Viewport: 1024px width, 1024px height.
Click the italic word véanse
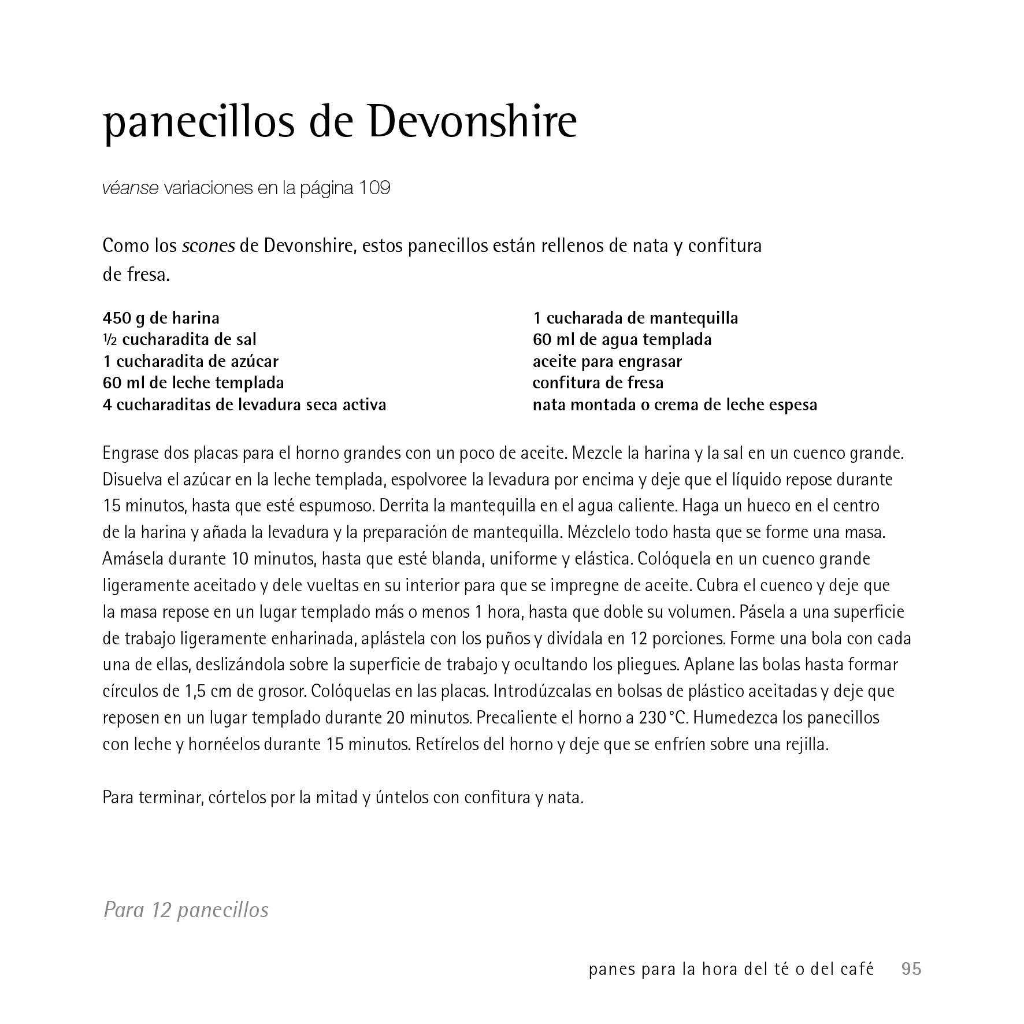coord(130,188)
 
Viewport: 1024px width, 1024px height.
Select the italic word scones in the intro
coord(208,246)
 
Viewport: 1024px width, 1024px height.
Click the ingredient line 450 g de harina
coord(161,318)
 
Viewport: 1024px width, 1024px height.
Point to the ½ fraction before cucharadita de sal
coord(110,340)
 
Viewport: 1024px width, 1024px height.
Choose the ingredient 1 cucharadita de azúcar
coord(190,361)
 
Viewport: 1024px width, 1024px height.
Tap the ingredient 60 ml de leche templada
coord(193,383)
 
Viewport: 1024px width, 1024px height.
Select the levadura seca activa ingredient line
coord(244,405)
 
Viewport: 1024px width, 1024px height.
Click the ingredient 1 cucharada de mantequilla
coord(635,318)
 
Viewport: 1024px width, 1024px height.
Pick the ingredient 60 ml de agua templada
coord(622,340)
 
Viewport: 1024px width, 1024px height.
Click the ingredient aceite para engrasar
coord(607,361)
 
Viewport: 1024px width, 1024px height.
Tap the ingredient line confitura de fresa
coord(598,383)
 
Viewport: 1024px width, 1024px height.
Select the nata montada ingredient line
coord(674,405)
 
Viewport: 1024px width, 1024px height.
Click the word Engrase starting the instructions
coord(131,453)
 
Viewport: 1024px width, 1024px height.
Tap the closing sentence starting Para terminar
coord(343,797)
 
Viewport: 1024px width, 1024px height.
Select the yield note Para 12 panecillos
coord(185,910)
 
